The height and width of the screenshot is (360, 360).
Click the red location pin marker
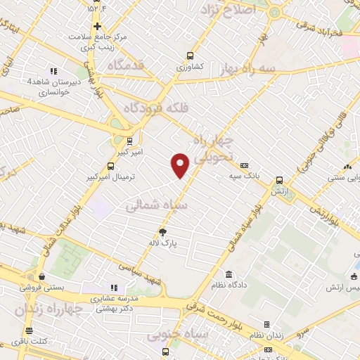[181, 165]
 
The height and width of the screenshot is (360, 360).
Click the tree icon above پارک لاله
[163, 231]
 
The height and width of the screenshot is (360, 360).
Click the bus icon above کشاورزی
[190, 56]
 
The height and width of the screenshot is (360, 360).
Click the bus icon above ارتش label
[279, 180]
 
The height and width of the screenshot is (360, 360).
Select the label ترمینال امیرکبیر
[110, 178]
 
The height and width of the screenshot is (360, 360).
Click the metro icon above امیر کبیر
[129, 141]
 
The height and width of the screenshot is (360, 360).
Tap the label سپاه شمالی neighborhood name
[158, 205]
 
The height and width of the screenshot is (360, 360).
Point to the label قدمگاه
[127, 65]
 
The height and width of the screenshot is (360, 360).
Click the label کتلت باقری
[29, 341]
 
